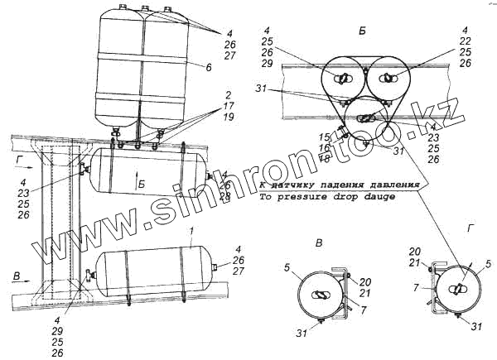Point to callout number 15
point(326,136)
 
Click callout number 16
point(326,146)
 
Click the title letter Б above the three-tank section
point(362,29)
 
